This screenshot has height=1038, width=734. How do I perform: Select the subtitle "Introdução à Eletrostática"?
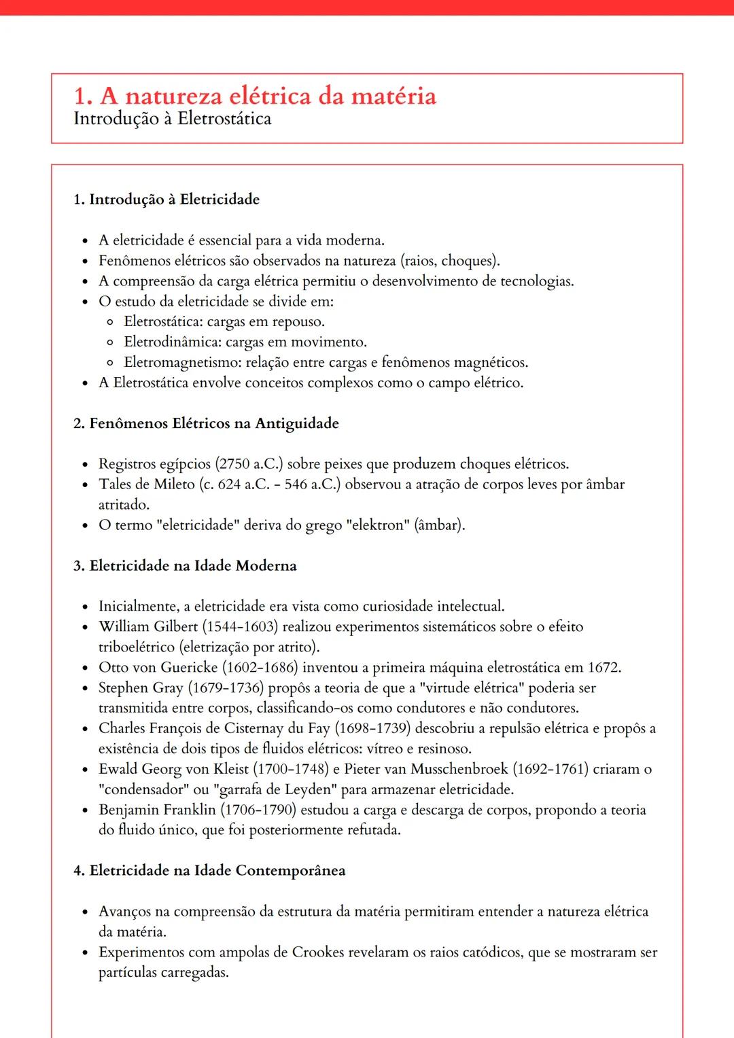172,119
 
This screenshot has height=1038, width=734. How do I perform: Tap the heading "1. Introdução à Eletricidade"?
167,199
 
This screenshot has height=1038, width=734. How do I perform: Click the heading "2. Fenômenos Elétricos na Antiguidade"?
206,423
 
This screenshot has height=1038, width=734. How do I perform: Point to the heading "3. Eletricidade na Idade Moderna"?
185,566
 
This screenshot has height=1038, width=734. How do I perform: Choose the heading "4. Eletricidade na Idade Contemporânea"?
209,871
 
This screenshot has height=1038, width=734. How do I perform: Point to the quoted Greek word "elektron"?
377,525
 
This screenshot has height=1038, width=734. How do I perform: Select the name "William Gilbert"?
148,626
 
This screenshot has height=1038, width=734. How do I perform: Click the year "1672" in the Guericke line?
604,667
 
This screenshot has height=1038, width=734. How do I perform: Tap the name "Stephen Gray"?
141,687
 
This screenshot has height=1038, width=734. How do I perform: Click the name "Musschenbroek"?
459,769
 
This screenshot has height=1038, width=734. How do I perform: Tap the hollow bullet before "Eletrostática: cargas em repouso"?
110,322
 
